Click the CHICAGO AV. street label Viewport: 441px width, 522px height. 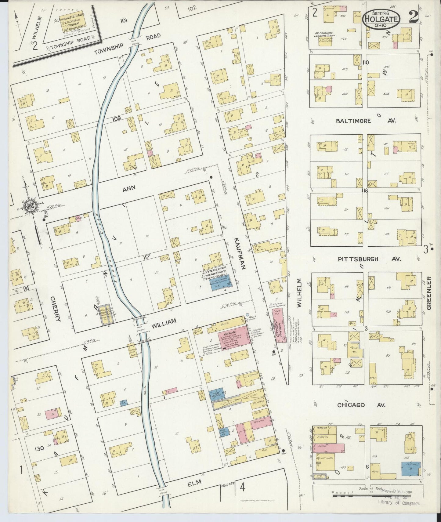point(361,405)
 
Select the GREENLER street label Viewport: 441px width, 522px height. point(428,293)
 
